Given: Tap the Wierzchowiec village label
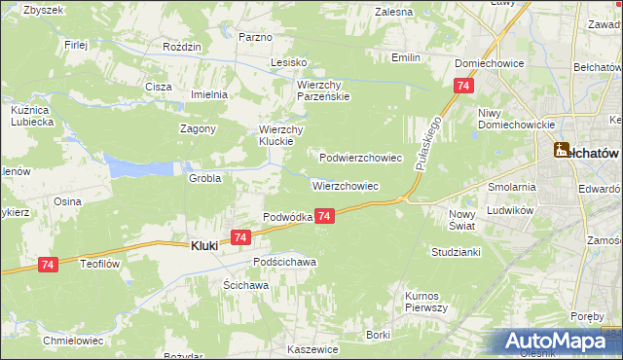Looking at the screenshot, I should [x=345, y=185].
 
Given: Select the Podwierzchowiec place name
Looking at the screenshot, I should [x=361, y=157].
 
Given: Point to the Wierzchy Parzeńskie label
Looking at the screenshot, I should [x=323, y=90].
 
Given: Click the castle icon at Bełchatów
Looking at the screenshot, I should [x=562, y=150].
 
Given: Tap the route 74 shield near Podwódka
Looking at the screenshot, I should [x=325, y=215].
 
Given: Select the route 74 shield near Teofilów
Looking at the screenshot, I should [x=48, y=264].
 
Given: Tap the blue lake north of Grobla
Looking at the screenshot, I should [x=136, y=166].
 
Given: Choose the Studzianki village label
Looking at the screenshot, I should [x=456, y=251].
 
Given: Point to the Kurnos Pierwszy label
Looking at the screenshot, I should [x=425, y=301].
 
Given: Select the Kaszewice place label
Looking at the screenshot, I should [x=313, y=348].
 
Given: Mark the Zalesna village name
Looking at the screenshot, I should [x=393, y=12].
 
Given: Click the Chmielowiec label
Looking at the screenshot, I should [x=73, y=341].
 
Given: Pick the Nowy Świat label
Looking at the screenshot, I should [x=461, y=220].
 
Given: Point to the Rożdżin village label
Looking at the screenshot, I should [x=182, y=47].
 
